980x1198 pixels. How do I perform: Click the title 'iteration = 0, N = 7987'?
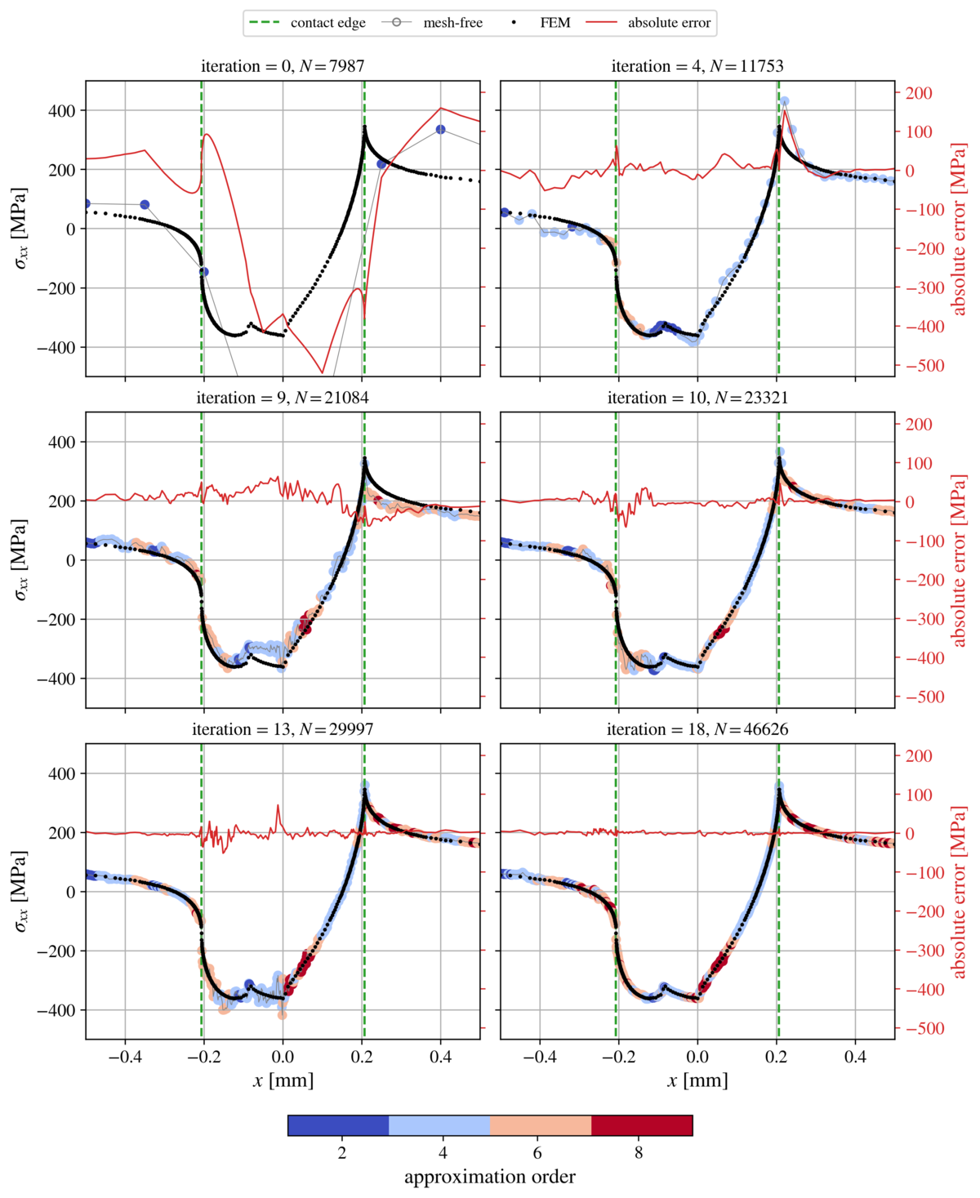point(283,66)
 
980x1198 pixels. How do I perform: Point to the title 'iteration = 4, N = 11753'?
point(697,66)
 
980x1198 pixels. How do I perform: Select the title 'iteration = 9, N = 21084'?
point(283,398)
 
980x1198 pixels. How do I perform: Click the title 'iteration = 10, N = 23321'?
point(697,398)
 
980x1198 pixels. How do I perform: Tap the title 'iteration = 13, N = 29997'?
point(283,729)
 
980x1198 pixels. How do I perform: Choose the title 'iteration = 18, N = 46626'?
point(697,729)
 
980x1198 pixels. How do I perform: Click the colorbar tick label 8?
point(639,1153)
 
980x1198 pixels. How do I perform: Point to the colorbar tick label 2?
point(341,1153)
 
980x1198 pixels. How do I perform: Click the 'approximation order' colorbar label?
point(490,1177)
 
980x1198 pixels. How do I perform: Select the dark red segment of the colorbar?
point(642,1125)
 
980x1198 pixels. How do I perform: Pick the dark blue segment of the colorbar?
point(338,1125)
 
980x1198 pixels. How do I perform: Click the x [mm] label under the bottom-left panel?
point(283,1080)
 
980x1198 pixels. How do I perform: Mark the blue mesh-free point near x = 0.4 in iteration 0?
point(441,129)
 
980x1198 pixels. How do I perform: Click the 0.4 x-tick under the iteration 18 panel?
point(855,1057)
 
